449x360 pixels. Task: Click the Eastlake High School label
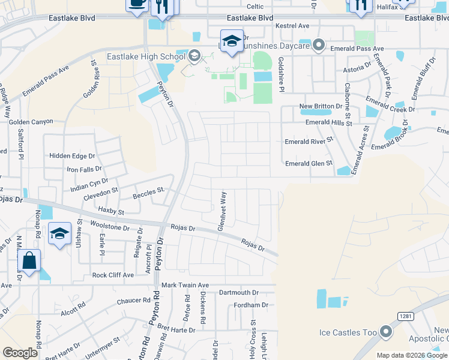[146, 57]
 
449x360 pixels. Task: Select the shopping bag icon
[29, 262]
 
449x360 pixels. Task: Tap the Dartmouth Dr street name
[238, 293]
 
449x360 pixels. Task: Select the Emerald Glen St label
[309, 163]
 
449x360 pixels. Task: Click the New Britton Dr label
[321, 106]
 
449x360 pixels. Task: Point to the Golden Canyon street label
[31, 122]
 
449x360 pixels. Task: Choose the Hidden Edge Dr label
[72, 155]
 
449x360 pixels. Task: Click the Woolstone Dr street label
[110, 227]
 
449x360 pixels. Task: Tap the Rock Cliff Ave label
[116, 275]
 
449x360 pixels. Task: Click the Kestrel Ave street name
[292, 26]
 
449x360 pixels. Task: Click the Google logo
[20, 352]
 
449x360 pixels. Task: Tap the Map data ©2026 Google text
[412, 355]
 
